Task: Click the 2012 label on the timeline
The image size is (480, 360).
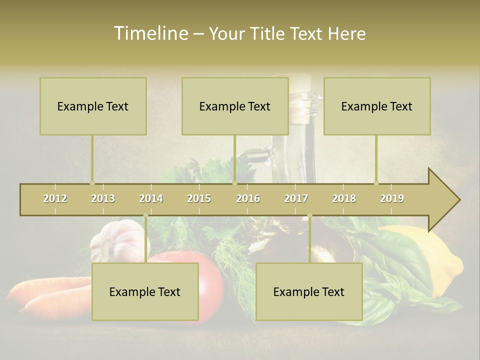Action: [55, 198]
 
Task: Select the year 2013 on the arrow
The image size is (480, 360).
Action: [103, 198]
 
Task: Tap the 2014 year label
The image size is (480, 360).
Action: [151, 198]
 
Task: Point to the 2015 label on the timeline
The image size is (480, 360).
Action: [199, 198]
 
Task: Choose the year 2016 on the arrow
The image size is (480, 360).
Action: [248, 198]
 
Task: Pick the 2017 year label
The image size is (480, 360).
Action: [296, 198]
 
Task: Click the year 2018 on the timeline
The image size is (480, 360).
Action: [344, 198]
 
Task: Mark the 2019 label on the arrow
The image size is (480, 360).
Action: [392, 198]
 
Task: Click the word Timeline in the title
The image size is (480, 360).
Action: [150, 33]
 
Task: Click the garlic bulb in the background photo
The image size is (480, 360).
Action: [117, 240]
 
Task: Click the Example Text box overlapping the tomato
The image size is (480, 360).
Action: [145, 291]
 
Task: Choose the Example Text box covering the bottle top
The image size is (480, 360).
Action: [235, 106]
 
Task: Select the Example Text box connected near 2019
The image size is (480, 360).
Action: [377, 106]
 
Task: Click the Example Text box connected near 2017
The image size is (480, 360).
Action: [309, 291]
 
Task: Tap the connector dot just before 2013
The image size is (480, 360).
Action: [92, 183]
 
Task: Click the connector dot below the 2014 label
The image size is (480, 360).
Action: [145, 215]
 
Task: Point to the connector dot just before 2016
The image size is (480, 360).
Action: [234, 183]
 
